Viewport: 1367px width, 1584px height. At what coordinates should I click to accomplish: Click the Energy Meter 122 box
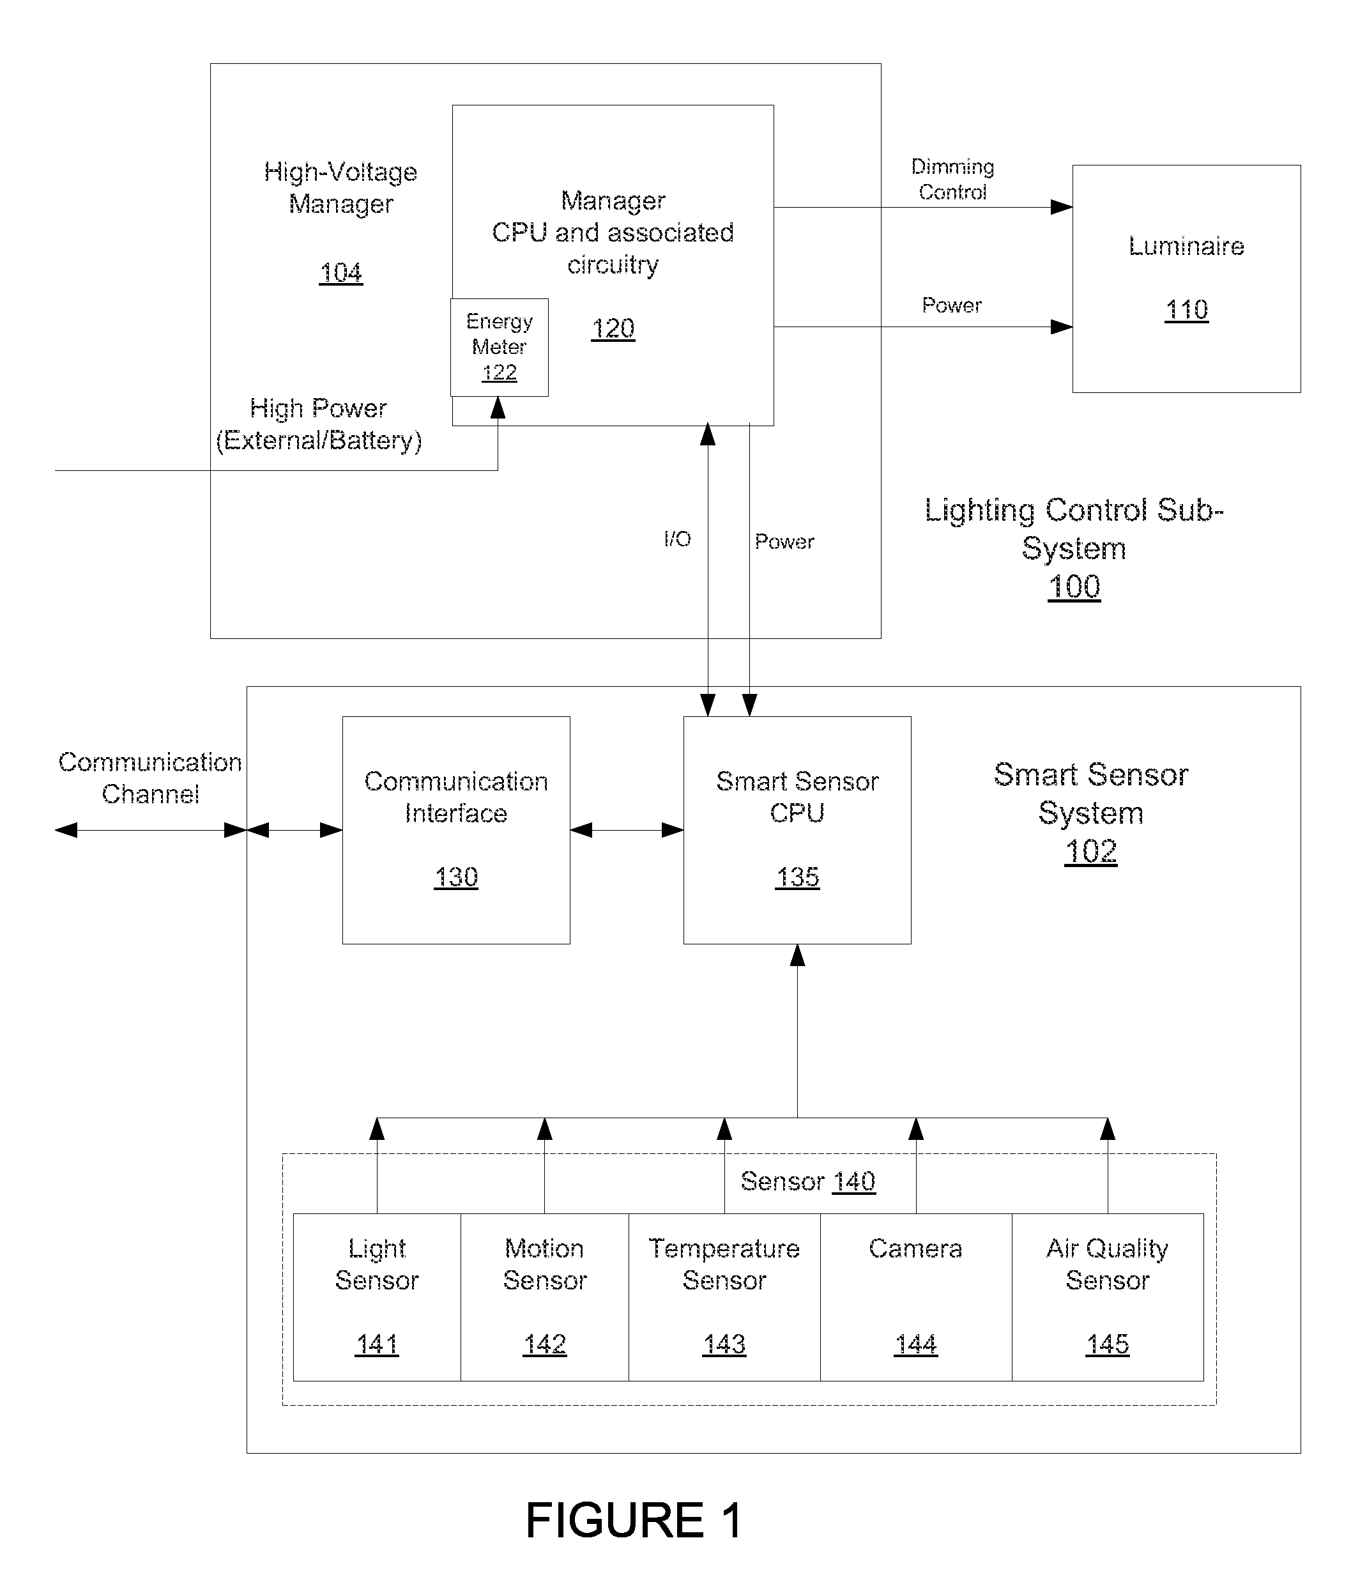pos(499,347)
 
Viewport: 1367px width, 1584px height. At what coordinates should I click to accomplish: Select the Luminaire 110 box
pos(1186,279)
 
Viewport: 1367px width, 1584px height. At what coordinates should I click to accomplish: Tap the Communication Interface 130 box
pos(456,829)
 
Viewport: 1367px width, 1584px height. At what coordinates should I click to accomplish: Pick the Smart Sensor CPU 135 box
pos(797,829)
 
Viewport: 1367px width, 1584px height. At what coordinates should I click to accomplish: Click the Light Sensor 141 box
pos(377,1296)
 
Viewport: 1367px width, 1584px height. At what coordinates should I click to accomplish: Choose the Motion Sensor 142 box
pos(545,1296)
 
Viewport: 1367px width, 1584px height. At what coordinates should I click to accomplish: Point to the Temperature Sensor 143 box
pos(724,1296)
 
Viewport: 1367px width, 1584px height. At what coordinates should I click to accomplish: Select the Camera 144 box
pos(916,1296)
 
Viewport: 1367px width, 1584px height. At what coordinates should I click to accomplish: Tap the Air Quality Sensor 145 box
pos(1108,1296)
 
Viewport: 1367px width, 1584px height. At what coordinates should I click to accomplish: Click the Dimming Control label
pos(952,179)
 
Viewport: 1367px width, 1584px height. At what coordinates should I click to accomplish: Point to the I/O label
pos(677,539)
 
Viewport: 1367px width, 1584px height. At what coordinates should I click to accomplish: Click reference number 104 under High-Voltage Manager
pos(341,272)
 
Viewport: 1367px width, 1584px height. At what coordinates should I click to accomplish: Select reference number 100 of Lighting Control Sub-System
pos(1074,587)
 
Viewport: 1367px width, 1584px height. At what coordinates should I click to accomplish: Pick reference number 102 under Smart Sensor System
pos(1090,851)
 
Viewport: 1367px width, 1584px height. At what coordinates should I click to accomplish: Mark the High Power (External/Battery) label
pos(319,424)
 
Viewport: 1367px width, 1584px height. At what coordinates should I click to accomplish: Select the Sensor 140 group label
pos(807,1181)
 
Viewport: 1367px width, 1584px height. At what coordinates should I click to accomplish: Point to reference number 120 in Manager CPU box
pos(613,328)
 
